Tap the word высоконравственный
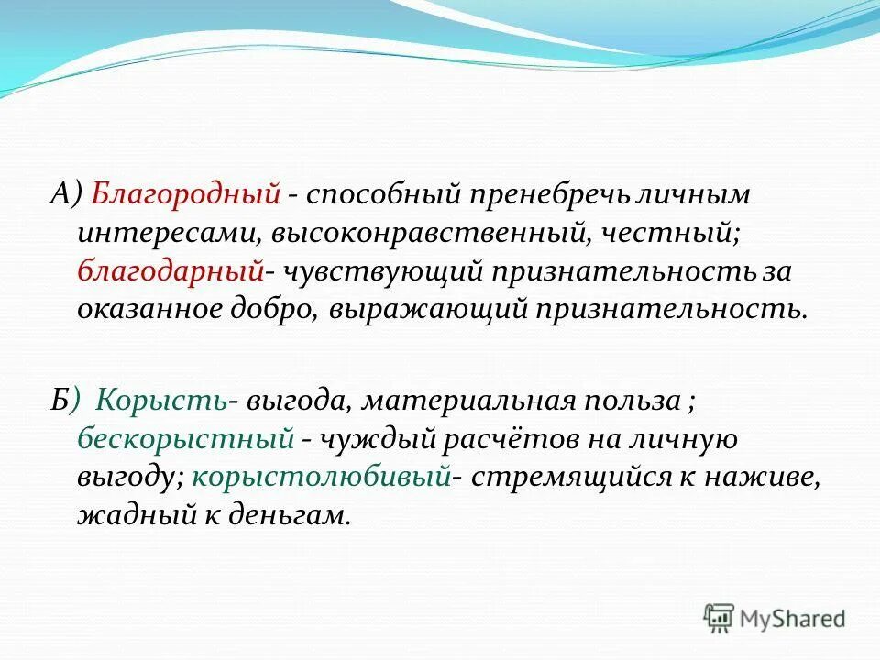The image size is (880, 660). [429, 233]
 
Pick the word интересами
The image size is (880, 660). [170, 233]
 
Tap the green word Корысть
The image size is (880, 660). [161, 400]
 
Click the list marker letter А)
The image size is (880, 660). [65, 194]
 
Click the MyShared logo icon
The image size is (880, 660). [719, 617]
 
